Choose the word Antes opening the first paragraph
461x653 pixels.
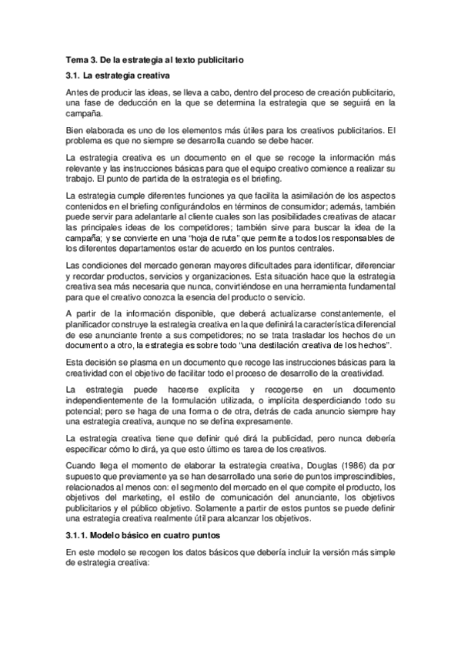coord(78,91)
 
